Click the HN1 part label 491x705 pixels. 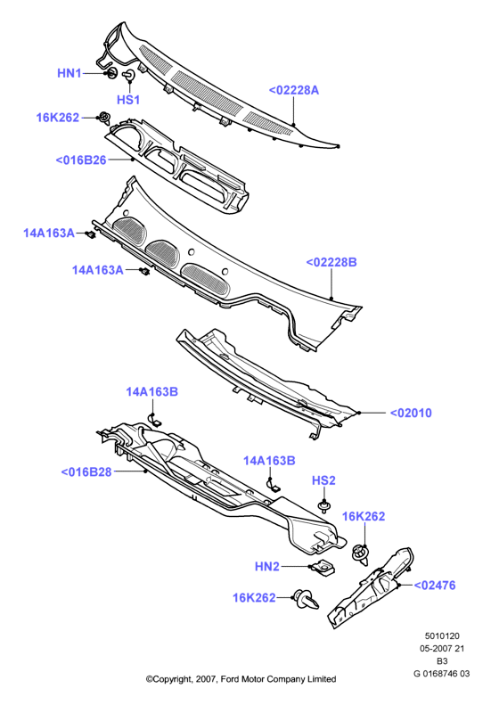[x=70, y=73]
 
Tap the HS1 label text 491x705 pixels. [x=128, y=100]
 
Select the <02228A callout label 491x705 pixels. [x=294, y=90]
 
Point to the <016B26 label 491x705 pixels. [x=81, y=160]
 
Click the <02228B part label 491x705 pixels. [x=331, y=262]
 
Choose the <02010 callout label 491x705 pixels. [x=411, y=413]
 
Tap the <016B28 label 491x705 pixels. [x=86, y=472]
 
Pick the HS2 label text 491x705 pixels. [x=323, y=480]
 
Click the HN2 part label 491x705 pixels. [x=267, y=567]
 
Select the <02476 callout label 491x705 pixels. [x=434, y=586]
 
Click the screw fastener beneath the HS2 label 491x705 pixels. [x=323, y=506]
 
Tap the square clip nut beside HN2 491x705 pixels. [x=323, y=569]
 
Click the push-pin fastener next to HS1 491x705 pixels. [x=129, y=75]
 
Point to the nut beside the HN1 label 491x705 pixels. [x=110, y=73]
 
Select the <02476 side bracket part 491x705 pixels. [x=371, y=586]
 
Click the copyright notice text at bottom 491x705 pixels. [x=241, y=679]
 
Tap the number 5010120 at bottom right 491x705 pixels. [x=442, y=636]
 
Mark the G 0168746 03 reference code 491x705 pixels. [x=442, y=674]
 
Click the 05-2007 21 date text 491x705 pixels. [x=442, y=648]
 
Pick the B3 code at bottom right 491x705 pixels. [x=442, y=661]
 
